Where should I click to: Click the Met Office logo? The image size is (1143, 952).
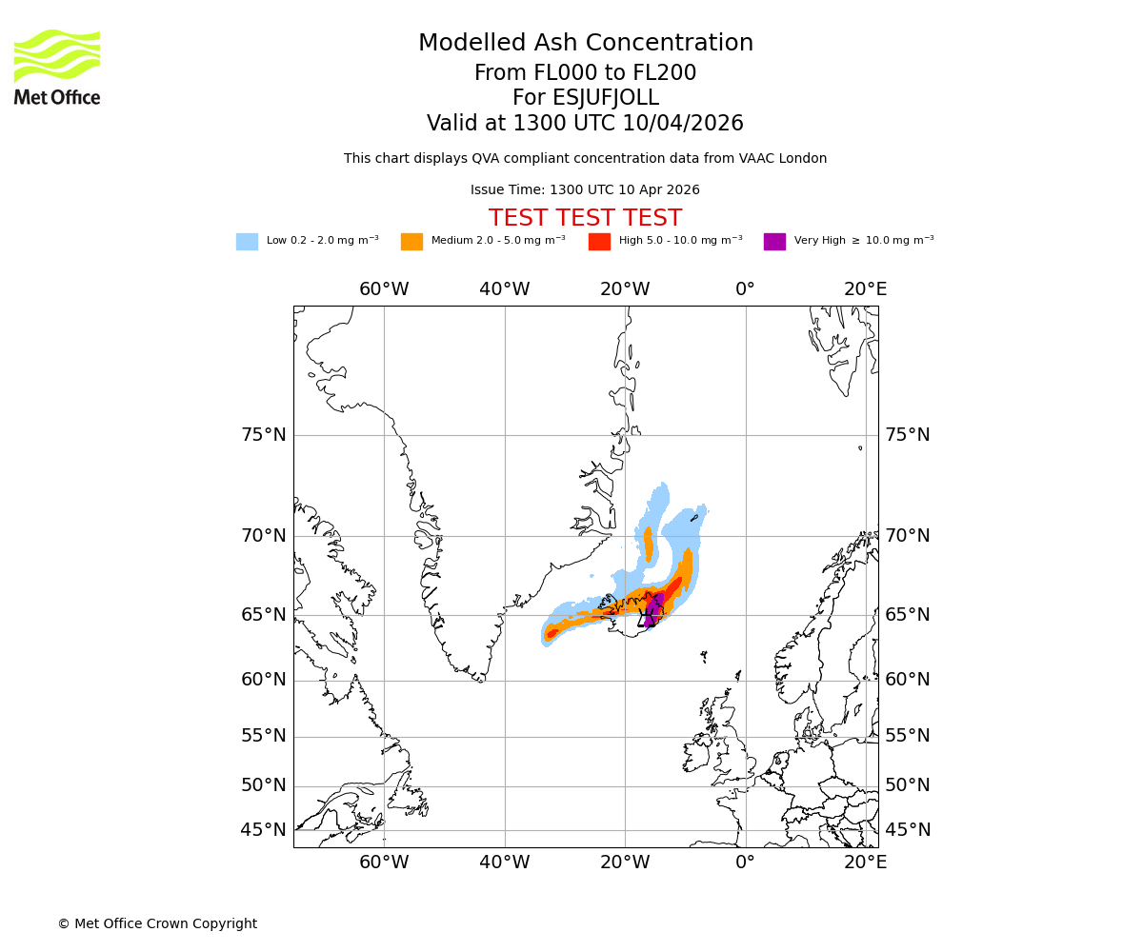coord(57,67)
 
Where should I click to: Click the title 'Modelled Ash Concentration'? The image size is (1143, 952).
coord(585,44)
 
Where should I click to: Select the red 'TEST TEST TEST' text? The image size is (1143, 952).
coord(585,218)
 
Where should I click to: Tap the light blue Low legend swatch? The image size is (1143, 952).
coord(247,242)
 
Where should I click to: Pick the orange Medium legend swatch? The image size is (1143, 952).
coord(411,242)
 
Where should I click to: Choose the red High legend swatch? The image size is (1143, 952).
coord(599,242)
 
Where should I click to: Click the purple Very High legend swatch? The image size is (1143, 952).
coord(774,242)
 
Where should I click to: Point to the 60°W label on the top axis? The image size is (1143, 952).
coord(384,289)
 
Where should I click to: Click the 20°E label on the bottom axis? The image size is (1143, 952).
coord(865,863)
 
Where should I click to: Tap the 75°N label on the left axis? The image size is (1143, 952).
coord(263,435)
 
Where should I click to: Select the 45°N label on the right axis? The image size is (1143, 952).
coord(908,830)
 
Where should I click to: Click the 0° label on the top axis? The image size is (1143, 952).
coord(745,289)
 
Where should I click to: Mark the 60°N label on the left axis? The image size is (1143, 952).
coord(263,680)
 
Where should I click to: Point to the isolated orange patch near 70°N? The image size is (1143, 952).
coord(649,545)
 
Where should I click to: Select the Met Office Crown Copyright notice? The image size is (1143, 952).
coord(157,923)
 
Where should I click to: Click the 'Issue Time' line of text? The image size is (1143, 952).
coord(585,190)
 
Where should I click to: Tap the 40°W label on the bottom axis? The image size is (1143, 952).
coord(505,863)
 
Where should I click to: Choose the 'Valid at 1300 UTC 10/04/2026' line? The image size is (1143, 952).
coord(585,124)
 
